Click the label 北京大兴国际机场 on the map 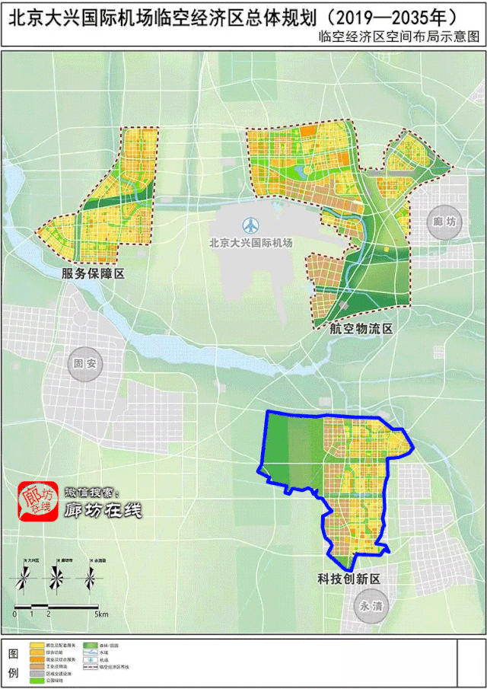point(250,243)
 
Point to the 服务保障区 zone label point(94,273)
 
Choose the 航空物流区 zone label point(361,329)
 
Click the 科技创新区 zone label point(349,579)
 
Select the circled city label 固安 point(83,363)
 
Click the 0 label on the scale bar point(14,614)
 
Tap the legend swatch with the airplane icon point(99,659)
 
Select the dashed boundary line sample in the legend point(99,666)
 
